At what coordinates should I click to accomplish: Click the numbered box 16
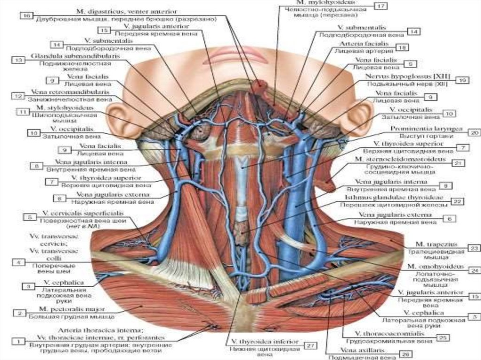coord(26,16)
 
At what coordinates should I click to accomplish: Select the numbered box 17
coord(380,6)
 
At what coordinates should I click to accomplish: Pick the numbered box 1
coord(18,341)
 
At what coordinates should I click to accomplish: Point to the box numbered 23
coord(474,247)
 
